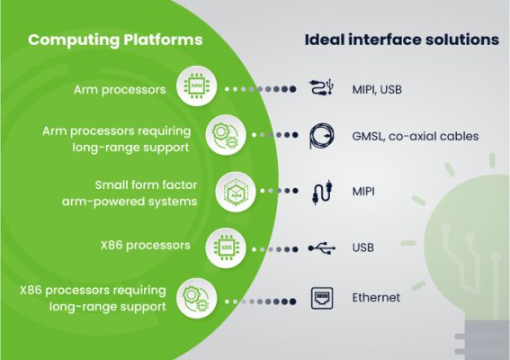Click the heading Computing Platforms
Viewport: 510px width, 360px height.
(x=115, y=40)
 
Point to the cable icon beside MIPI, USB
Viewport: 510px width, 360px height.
(x=325, y=88)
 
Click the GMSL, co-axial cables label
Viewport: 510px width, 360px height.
(x=415, y=136)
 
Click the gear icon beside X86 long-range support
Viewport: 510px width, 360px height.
(x=197, y=298)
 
